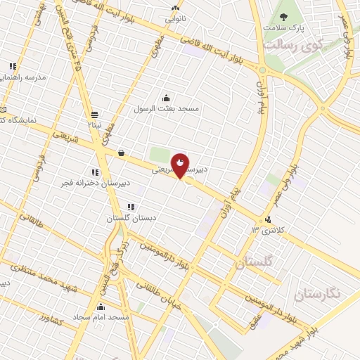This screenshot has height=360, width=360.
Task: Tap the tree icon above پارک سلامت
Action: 283,18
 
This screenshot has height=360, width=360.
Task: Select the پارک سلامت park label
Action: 283,29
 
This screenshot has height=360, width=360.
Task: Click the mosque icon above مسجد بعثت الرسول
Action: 166,98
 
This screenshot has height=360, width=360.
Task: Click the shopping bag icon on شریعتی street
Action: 122,152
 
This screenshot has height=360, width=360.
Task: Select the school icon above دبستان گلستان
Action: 130,207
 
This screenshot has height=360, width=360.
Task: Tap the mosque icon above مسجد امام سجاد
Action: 101,307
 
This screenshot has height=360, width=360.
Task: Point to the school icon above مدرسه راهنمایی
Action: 13,67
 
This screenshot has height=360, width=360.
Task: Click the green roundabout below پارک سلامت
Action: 262,70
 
